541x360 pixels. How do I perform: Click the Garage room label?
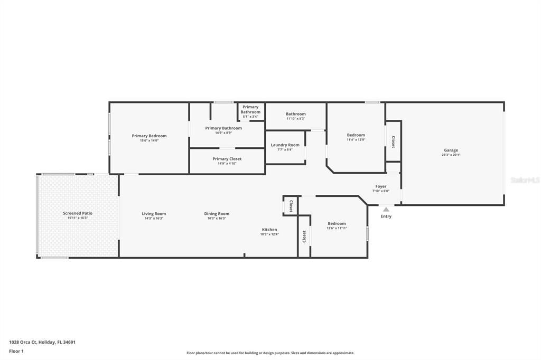coord(451,150)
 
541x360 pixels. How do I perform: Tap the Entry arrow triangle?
coord(386,210)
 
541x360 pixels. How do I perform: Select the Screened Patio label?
coord(78,213)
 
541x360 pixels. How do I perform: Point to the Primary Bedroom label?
coord(149,136)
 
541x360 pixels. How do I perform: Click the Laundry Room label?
coord(285,145)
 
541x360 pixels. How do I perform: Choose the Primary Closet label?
coord(227,159)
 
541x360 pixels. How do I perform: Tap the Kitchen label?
coord(269,230)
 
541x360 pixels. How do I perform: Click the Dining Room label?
coord(217,214)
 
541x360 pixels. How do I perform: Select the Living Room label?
coord(154,214)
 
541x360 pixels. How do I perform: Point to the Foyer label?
coord(381,186)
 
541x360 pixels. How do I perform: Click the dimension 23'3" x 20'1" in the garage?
coord(451,155)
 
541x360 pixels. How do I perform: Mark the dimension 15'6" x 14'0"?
coord(149,141)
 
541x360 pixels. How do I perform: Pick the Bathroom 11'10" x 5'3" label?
coord(296,114)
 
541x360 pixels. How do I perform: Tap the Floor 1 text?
coord(16,351)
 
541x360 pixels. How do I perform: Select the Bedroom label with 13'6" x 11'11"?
coord(337,223)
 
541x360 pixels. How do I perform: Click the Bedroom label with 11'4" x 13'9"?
coord(356,135)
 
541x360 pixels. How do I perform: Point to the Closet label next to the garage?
coord(393,142)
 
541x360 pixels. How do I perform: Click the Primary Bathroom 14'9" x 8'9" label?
coord(223,128)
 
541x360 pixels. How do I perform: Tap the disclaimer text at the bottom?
coord(270,353)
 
